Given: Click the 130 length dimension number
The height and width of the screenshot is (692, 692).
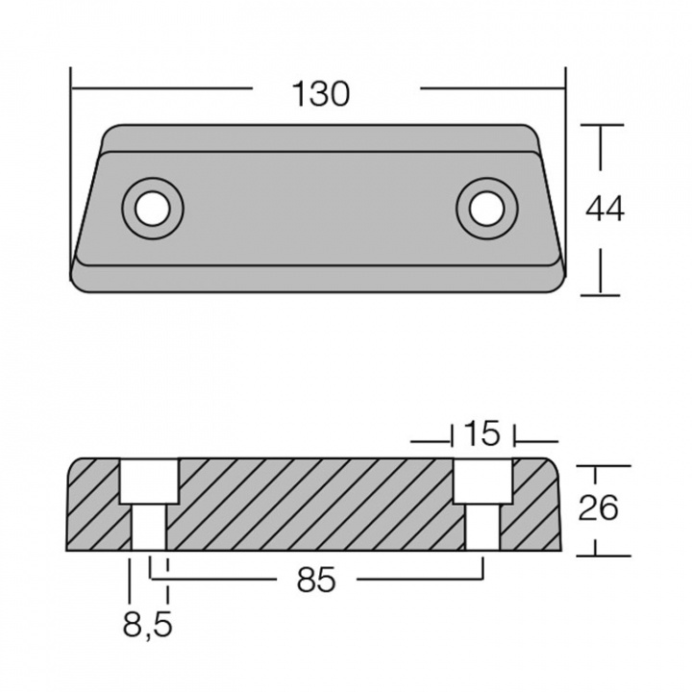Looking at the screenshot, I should (x=321, y=94).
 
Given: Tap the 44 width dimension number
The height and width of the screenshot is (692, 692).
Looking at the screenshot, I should (x=605, y=209).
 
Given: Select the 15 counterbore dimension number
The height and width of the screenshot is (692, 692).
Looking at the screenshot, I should (x=482, y=433).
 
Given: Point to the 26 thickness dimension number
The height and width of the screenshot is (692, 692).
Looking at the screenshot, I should (x=598, y=508).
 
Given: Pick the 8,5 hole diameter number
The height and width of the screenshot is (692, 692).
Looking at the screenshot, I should (x=148, y=628).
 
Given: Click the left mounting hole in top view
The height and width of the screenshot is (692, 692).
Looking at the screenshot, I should (x=153, y=205).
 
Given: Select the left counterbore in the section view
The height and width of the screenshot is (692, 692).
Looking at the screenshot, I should (x=149, y=482).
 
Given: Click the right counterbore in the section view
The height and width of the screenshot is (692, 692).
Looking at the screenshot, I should (x=483, y=482).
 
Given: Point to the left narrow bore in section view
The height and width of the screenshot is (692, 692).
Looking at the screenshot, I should (x=149, y=528).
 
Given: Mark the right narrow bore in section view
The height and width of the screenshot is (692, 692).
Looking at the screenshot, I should (x=482, y=528).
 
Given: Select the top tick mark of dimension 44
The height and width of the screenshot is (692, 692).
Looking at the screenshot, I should (x=601, y=125).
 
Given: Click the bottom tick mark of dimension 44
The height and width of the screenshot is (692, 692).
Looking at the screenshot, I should (x=601, y=293).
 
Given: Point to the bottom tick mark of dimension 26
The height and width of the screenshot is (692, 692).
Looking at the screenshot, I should (x=596, y=555).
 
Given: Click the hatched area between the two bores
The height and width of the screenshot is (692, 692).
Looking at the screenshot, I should (x=317, y=505).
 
